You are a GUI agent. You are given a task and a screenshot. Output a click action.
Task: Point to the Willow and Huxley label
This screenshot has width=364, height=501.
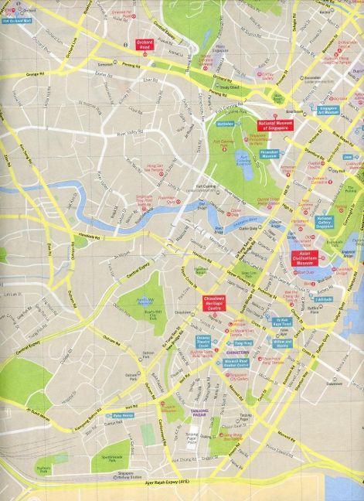click(281, 342)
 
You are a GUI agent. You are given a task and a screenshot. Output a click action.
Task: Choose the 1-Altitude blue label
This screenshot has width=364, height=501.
click(325, 297)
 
